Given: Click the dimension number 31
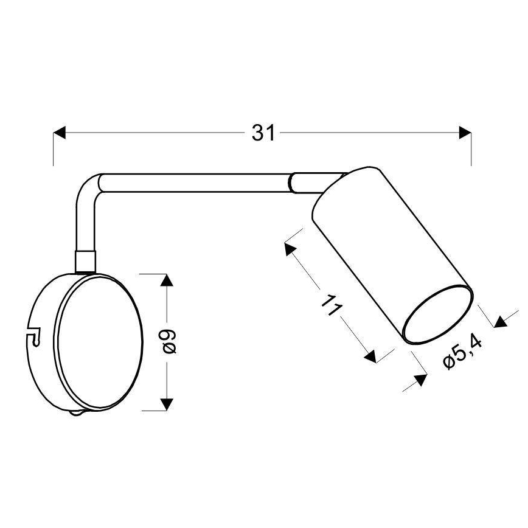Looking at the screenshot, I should point(263,133).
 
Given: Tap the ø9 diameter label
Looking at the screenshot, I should point(170,341).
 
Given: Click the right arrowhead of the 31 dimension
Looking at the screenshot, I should point(465,133).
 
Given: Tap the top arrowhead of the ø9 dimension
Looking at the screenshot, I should point(167,282).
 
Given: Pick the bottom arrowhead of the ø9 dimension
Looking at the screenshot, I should point(167,403).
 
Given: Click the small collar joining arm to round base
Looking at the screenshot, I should point(85,260).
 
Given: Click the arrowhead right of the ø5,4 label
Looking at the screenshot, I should point(500,321).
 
